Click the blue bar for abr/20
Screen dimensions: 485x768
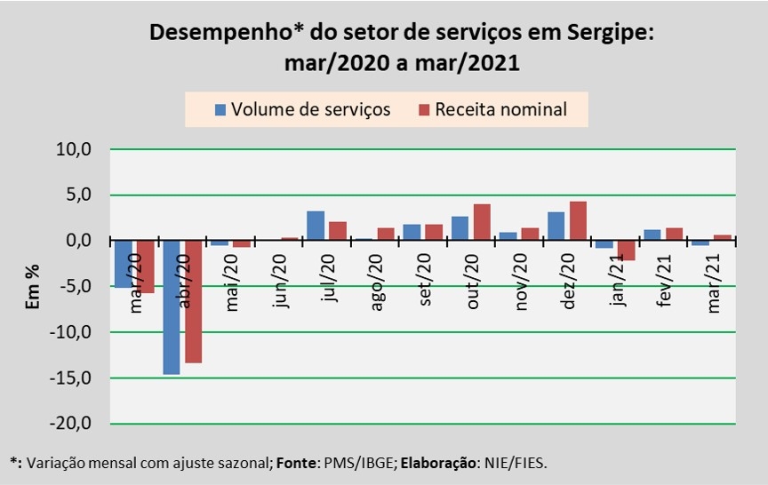pos(171,306)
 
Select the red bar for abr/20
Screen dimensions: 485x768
pos(192,301)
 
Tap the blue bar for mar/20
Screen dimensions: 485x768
pos(123,264)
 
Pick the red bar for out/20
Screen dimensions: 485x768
pos(482,222)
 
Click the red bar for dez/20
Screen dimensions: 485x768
pos(578,221)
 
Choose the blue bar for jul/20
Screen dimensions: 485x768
pos(316,226)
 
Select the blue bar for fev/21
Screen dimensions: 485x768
pos(652,235)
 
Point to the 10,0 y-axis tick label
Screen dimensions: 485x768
pos(75,149)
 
